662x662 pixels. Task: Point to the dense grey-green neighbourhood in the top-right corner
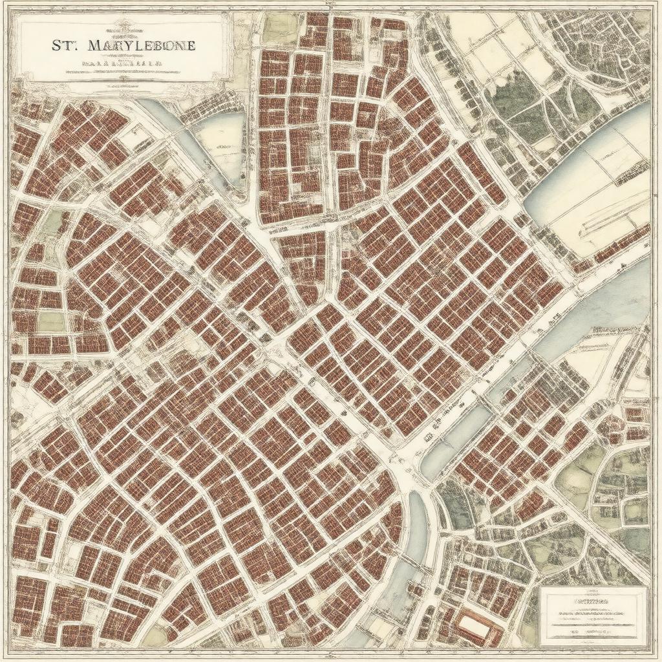(x=608, y=45)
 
